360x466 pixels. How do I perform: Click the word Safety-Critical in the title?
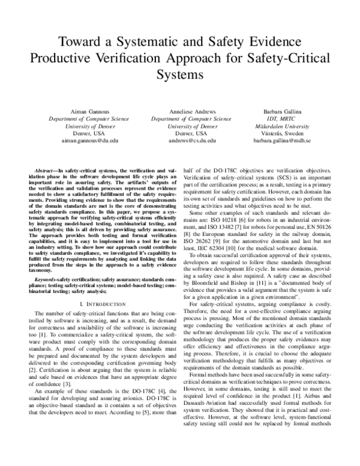tap(283, 59)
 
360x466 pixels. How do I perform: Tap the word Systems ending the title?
tap(180, 76)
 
